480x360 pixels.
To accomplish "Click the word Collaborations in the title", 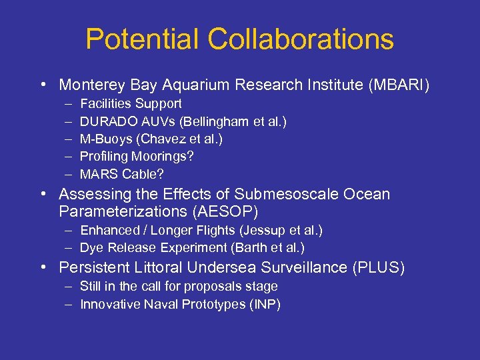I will [x=301, y=40].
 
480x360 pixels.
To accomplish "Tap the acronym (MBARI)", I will [x=397, y=85].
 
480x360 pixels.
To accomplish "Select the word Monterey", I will [x=93, y=85].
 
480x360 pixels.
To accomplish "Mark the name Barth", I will [x=248, y=248].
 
